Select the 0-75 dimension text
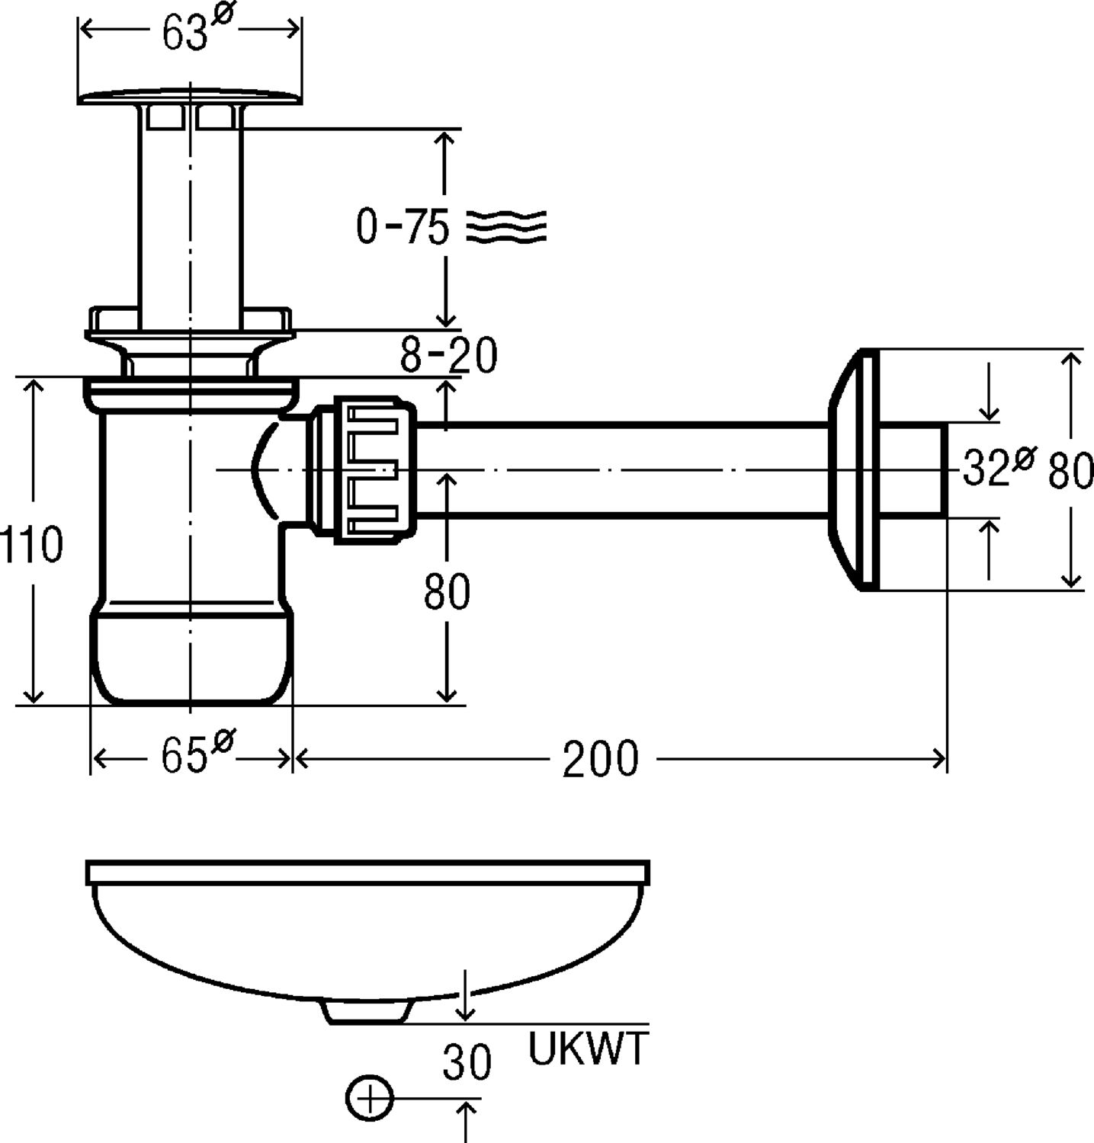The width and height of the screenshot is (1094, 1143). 403,226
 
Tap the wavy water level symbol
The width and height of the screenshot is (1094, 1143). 505,226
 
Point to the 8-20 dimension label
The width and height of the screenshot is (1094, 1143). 449,354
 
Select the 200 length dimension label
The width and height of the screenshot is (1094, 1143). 600,760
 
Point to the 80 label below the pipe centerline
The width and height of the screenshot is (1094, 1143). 448,591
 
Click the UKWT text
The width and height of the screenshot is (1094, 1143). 588,1049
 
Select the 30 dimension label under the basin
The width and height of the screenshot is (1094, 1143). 467,1062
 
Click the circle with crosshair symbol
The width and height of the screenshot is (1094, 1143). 369,1099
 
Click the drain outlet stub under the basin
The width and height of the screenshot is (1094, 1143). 367,1010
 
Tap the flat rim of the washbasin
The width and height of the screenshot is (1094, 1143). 367,872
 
